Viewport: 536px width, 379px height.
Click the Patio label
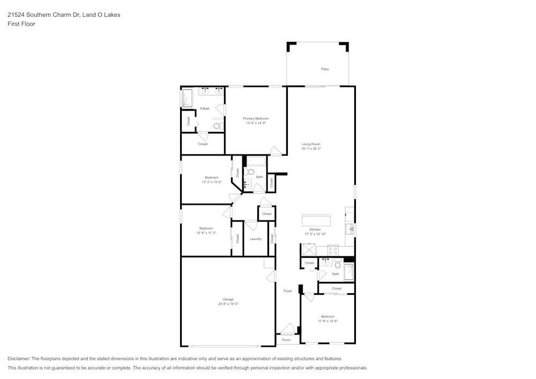[x=325, y=69]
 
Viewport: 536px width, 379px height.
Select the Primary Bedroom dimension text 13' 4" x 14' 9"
[x=256, y=123]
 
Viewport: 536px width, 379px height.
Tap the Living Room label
[x=311, y=144]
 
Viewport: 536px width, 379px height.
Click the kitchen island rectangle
[x=316, y=220]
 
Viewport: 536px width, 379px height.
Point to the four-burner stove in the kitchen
[x=333, y=250]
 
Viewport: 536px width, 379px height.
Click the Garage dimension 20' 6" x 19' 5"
[x=228, y=304]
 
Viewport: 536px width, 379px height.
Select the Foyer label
[x=288, y=291]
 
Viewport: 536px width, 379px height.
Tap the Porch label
[x=286, y=340]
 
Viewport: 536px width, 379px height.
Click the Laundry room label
[x=256, y=239]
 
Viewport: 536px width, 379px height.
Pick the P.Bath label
[x=205, y=109]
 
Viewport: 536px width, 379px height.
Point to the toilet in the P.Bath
[x=218, y=126]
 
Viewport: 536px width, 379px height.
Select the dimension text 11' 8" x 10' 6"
[x=327, y=321]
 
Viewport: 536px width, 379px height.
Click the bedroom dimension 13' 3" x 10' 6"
[x=212, y=182]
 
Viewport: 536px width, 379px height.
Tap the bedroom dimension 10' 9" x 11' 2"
[x=206, y=233]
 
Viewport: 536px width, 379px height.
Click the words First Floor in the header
[x=21, y=24]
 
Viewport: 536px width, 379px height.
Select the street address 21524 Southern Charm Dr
[x=43, y=15]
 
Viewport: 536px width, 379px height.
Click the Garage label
[x=228, y=299]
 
